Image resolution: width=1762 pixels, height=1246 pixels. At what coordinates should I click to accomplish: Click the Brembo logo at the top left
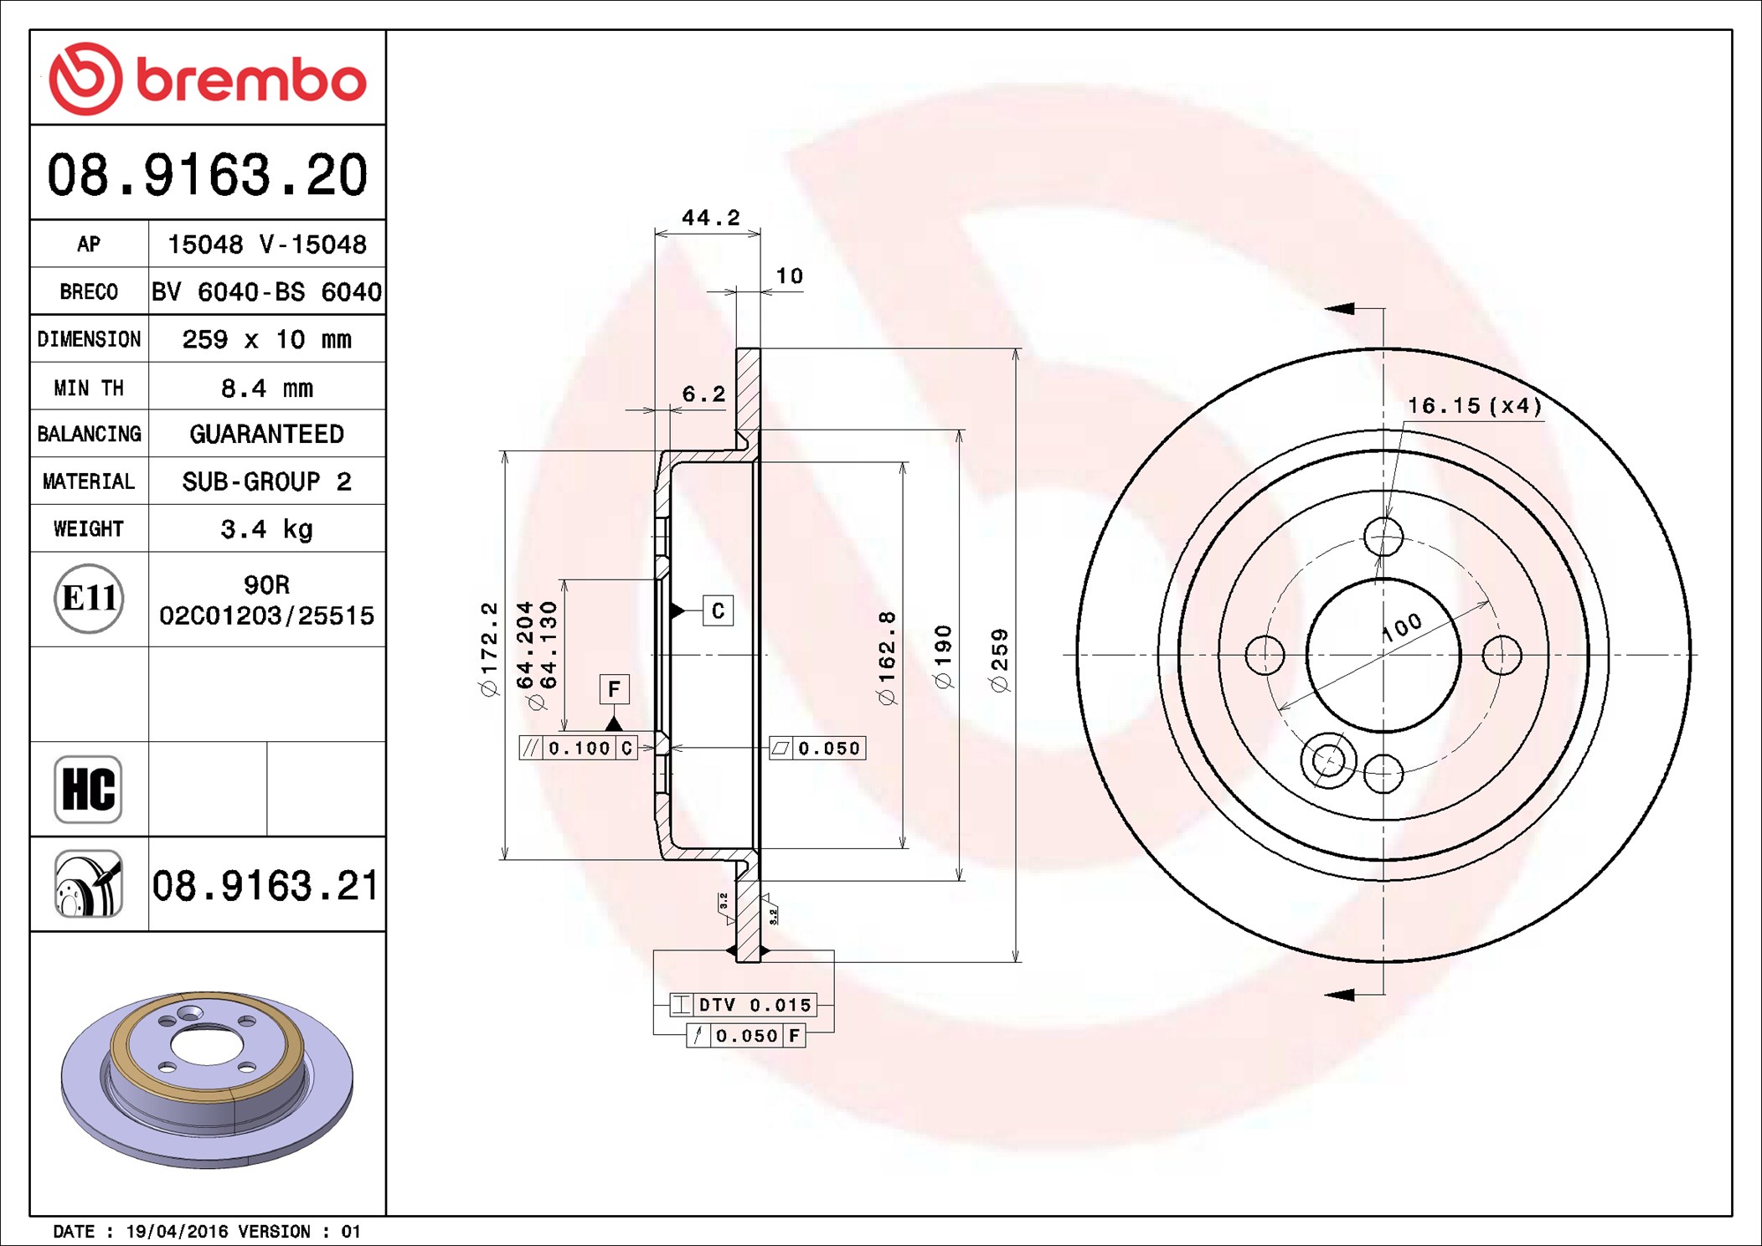point(208,79)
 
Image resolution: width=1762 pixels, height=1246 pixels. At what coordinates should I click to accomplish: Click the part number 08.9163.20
point(208,175)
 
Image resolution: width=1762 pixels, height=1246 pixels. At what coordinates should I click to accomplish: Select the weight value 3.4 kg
point(266,529)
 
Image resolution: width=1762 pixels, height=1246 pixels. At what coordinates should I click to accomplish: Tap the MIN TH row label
point(89,388)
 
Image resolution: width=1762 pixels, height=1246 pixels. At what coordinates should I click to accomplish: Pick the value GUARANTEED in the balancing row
point(266,434)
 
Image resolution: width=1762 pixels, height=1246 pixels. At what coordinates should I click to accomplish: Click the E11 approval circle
point(89,598)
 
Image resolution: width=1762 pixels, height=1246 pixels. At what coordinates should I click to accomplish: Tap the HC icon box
point(88,789)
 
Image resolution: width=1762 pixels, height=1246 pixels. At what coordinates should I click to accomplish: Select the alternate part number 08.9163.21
point(265,886)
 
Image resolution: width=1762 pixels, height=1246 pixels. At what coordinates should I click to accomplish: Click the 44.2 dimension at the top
point(711,218)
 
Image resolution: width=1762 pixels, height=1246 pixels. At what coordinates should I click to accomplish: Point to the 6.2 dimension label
point(703,394)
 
